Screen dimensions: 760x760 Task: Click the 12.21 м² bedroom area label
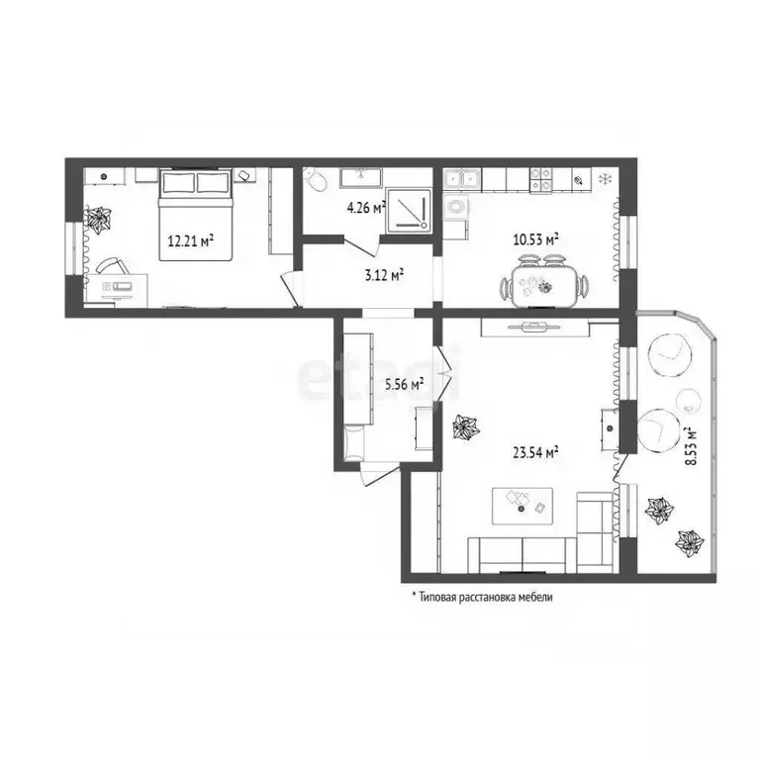(x=191, y=239)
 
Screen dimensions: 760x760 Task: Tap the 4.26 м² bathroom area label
(x=366, y=208)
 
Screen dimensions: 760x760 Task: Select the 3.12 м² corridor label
(x=384, y=275)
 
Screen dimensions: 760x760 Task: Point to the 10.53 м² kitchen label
(x=535, y=238)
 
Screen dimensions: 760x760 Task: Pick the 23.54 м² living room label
(x=535, y=452)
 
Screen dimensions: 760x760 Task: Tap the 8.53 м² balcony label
(x=690, y=446)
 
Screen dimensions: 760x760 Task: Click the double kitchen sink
(x=461, y=180)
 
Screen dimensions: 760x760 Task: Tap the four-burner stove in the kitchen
(x=540, y=179)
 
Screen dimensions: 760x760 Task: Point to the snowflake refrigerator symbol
(x=605, y=179)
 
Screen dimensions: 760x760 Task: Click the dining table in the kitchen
(x=544, y=286)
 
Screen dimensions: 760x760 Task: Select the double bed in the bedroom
(x=196, y=214)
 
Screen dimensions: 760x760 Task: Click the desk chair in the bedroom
(x=113, y=265)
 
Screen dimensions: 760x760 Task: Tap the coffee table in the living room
(x=522, y=506)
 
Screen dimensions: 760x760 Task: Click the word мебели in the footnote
(x=535, y=597)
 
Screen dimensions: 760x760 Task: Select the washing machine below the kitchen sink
(x=456, y=207)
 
